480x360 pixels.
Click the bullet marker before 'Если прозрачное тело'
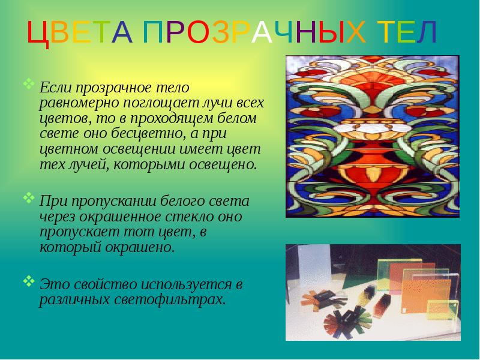coord(29,83)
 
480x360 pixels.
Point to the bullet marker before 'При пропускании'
coord(29,196)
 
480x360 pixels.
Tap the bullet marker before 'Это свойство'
coord(29,280)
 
